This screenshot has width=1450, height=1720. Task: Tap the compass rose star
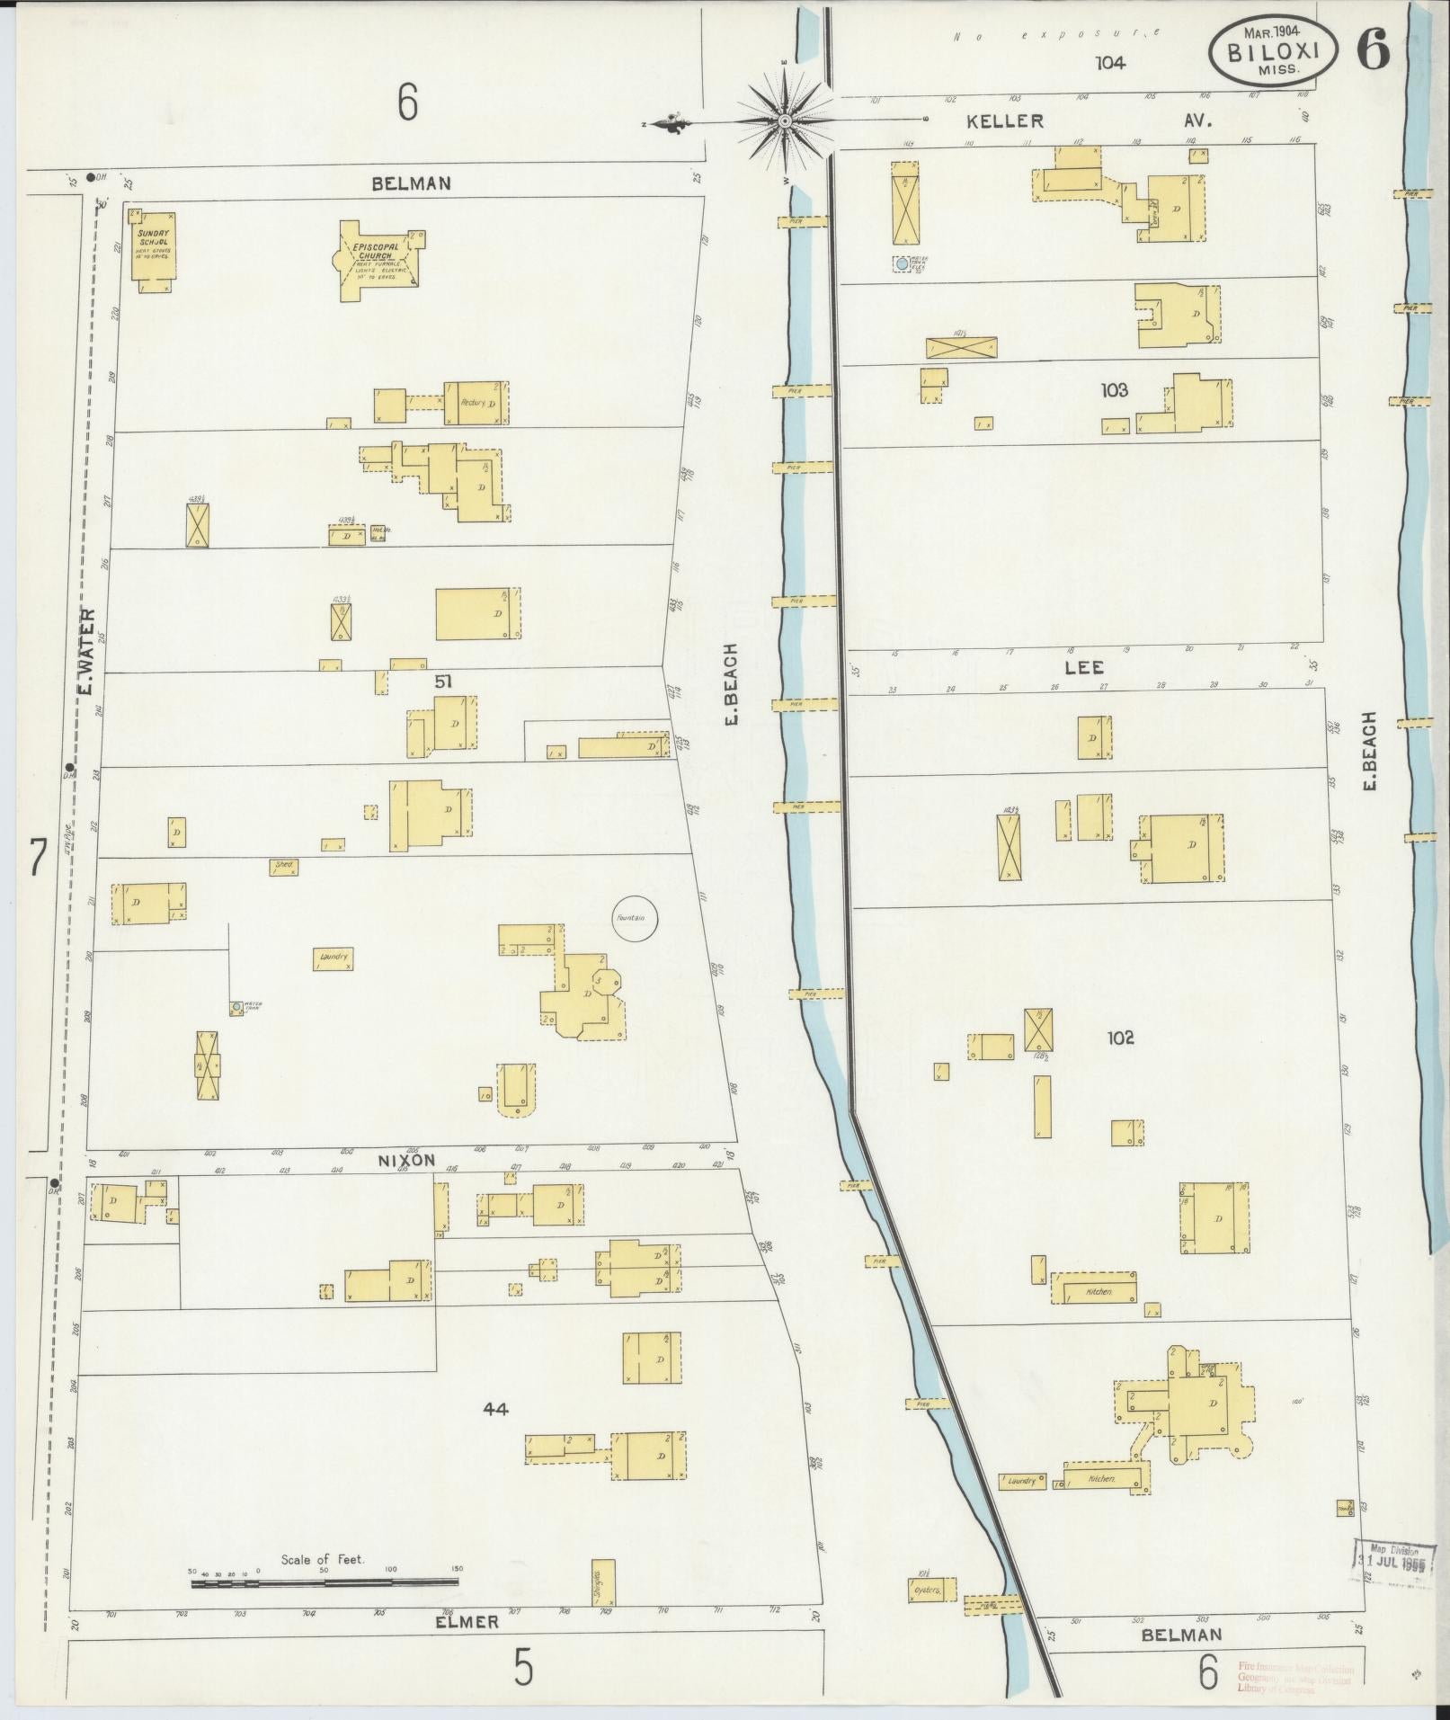[x=785, y=120]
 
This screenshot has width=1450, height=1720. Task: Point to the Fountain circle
[x=636, y=918]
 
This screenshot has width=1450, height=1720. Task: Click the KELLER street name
[x=1006, y=120]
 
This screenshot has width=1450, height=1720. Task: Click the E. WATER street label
[x=86, y=650]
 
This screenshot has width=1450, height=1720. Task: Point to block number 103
[x=1113, y=390]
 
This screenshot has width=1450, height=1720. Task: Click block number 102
[x=1120, y=1038]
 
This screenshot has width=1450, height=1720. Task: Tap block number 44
[x=495, y=1409]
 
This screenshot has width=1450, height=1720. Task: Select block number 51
[x=443, y=682]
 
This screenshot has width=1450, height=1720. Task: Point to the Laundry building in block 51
[x=332, y=958]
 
